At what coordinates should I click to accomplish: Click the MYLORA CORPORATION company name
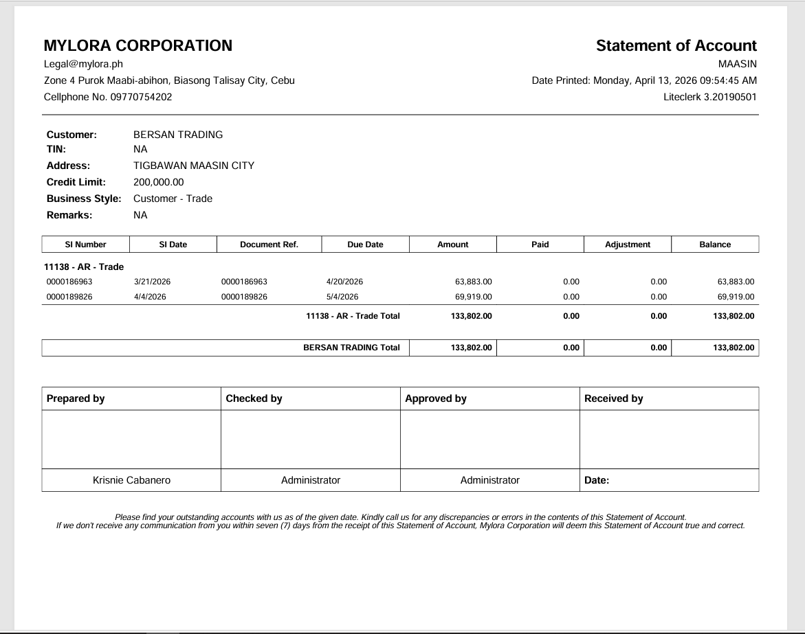point(137,46)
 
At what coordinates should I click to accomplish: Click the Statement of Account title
point(676,46)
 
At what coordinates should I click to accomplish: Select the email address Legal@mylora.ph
point(83,64)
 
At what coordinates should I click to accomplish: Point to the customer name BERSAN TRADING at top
point(178,135)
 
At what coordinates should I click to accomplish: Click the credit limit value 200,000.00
point(158,182)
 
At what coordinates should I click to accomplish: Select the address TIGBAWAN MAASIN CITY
point(193,166)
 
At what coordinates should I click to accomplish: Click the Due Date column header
point(365,245)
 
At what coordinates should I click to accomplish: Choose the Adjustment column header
point(627,245)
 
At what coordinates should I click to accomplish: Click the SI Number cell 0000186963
point(69,282)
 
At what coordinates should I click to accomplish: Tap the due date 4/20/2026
point(344,282)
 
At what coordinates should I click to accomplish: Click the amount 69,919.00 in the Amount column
point(474,297)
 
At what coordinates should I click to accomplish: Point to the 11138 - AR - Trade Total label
point(353,316)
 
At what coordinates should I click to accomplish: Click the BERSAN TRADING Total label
point(351,348)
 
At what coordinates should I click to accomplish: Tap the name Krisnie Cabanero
point(131,480)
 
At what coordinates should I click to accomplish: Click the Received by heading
point(613,398)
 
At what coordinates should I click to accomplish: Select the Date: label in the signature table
point(597,480)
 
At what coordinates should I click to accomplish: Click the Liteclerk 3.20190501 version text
point(710,97)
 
